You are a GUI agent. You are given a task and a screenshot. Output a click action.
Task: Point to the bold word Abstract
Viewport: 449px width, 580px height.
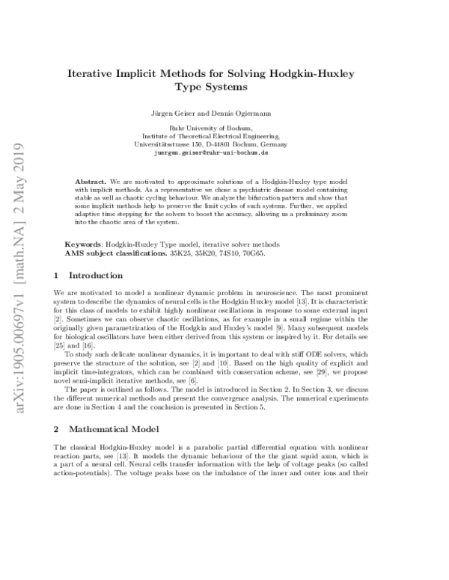coord(92,182)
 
